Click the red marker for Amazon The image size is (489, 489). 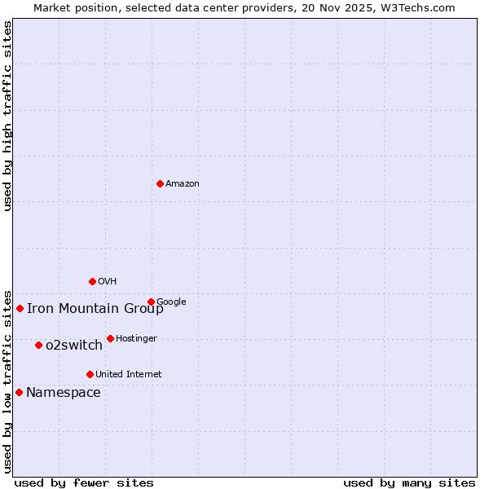pyautogui.click(x=160, y=183)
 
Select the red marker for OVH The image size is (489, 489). pyautogui.click(x=92, y=281)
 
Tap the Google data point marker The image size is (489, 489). pyautogui.click(x=151, y=302)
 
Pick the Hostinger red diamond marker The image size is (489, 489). pyautogui.click(x=110, y=338)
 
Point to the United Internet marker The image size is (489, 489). pyautogui.click(x=90, y=374)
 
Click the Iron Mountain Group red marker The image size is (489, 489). pyautogui.click(x=20, y=308)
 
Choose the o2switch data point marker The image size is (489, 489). pyautogui.click(x=38, y=345)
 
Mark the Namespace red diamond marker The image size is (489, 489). pyautogui.click(x=19, y=392)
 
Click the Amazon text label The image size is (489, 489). pyautogui.click(x=183, y=184)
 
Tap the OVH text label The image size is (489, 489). pyautogui.click(x=108, y=282)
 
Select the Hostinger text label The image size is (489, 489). pyautogui.click(x=136, y=339)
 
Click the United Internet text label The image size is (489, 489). pyautogui.click(x=129, y=375)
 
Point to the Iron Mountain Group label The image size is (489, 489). pyautogui.click(x=95, y=308)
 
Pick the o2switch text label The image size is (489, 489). pyautogui.click(x=74, y=346)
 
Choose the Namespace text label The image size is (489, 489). pyautogui.click(x=64, y=393)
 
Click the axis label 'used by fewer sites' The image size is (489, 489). pyautogui.click(x=84, y=482)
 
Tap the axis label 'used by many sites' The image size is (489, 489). pyautogui.click(x=409, y=482)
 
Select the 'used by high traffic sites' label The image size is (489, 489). pyautogui.click(x=8, y=116)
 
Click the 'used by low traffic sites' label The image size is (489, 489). pyautogui.click(x=8, y=381)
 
